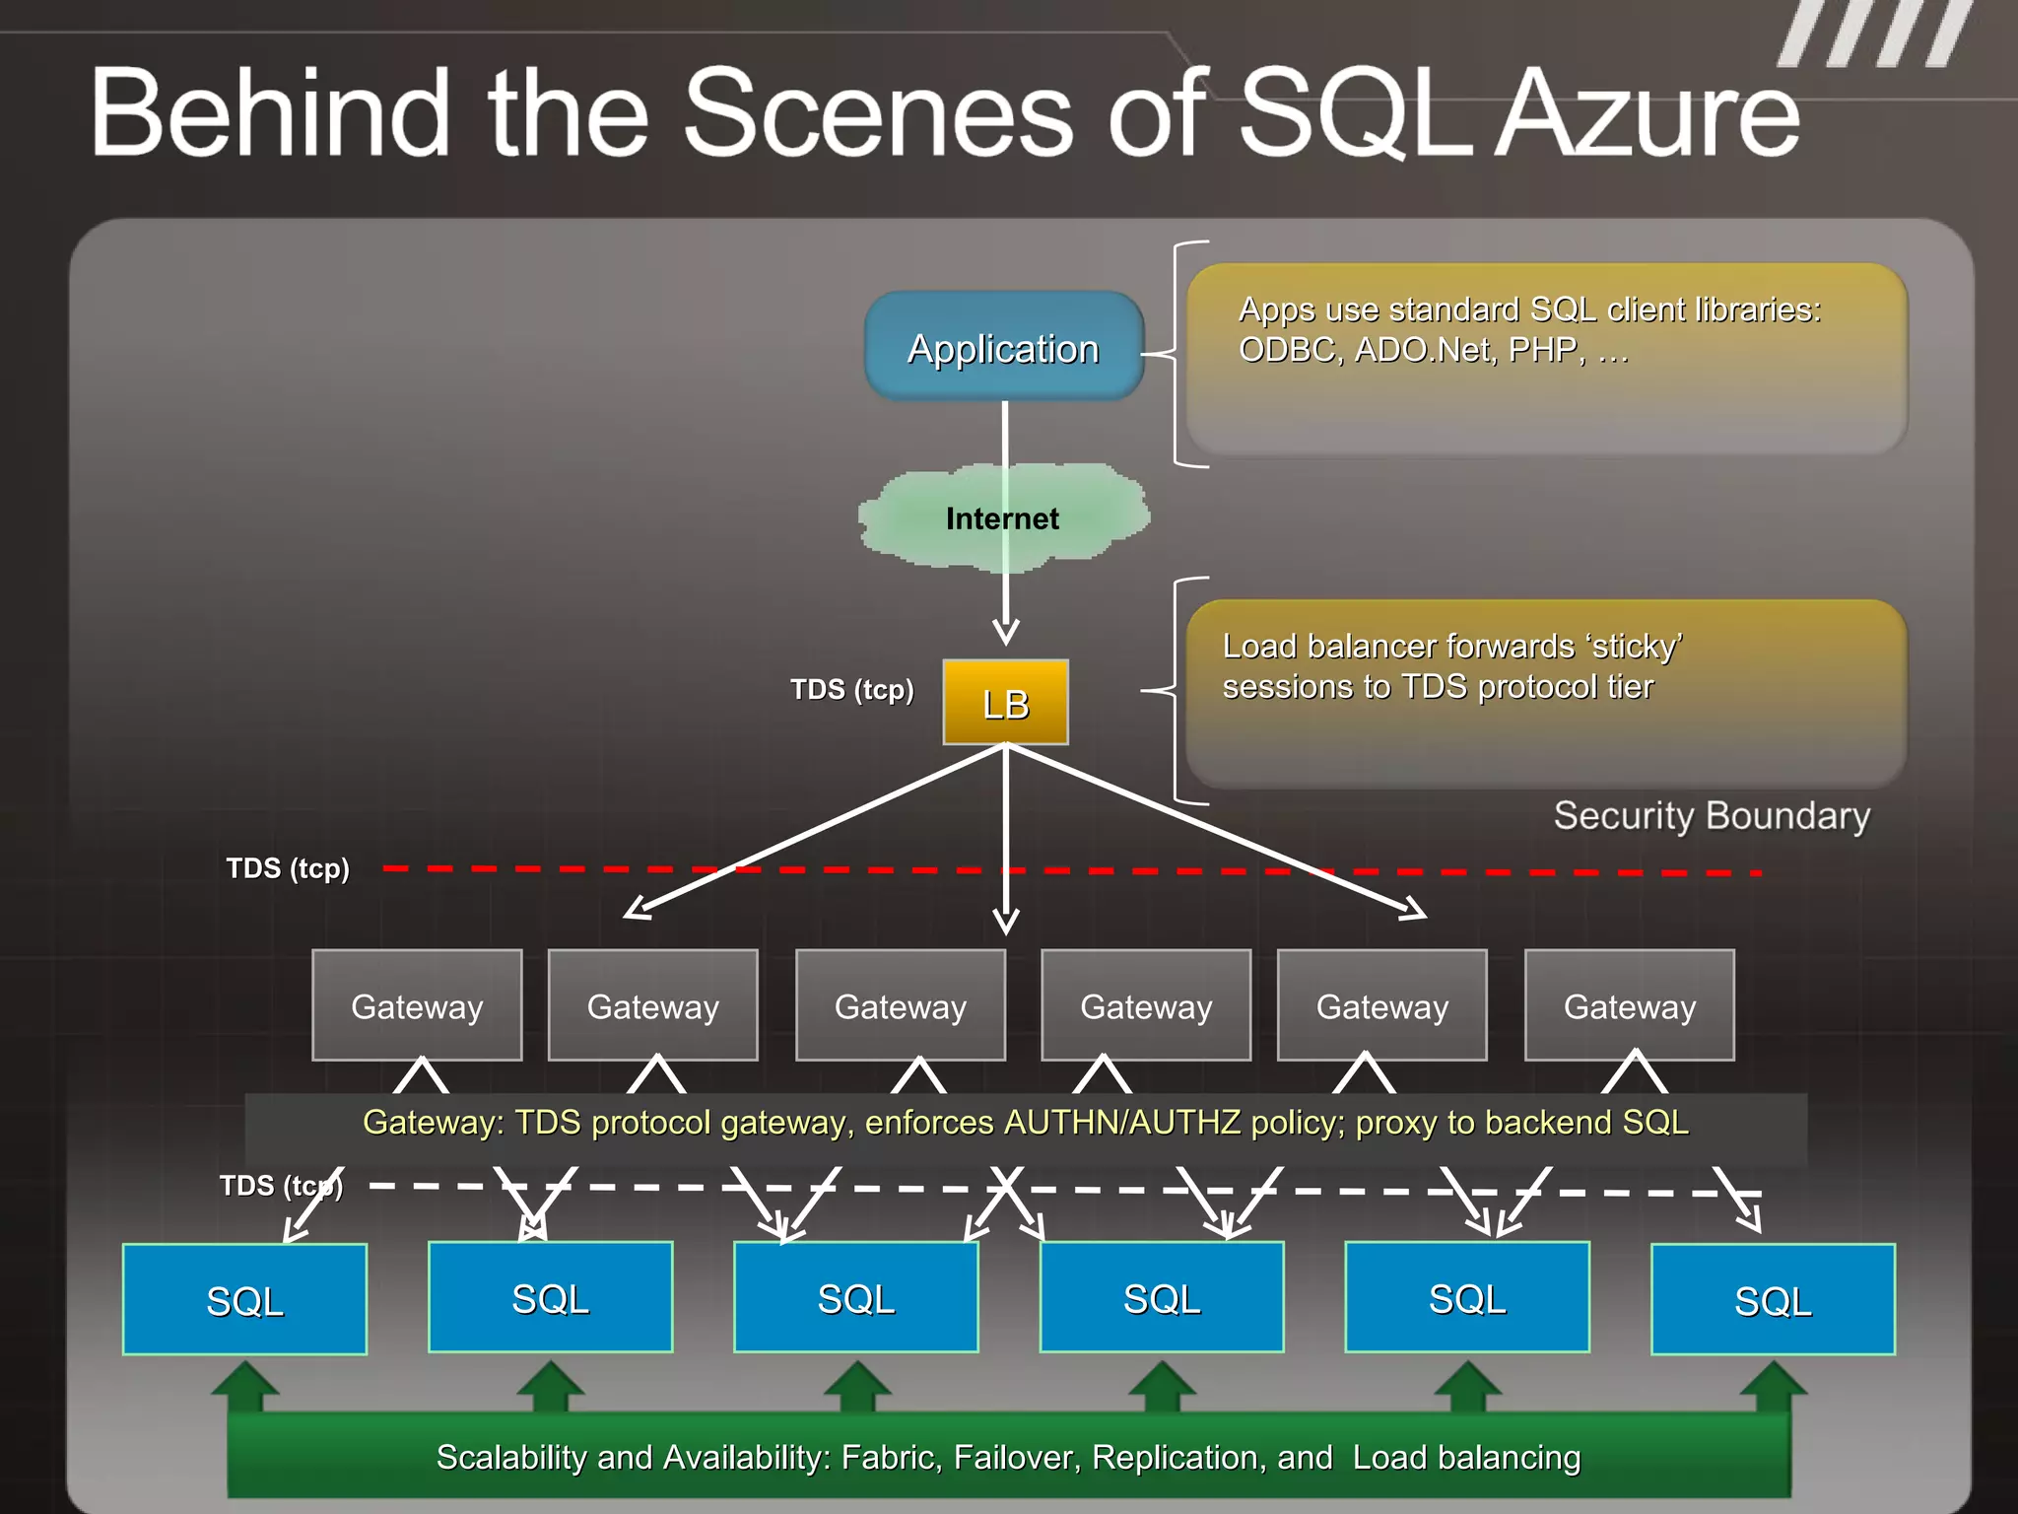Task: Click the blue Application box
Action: [1003, 347]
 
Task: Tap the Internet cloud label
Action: [1002, 518]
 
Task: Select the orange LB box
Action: [1005, 703]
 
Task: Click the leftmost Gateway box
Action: [417, 1005]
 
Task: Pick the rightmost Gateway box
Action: [1629, 1005]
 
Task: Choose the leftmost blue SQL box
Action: [244, 1299]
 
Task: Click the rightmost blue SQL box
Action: [1772, 1299]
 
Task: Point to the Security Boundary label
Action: [1712, 816]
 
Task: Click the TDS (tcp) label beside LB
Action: [851, 689]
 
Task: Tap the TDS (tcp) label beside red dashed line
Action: [287, 868]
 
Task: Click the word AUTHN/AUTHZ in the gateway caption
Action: [1121, 1123]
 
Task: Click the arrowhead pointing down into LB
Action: [1005, 631]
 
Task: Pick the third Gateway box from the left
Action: [900, 1005]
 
